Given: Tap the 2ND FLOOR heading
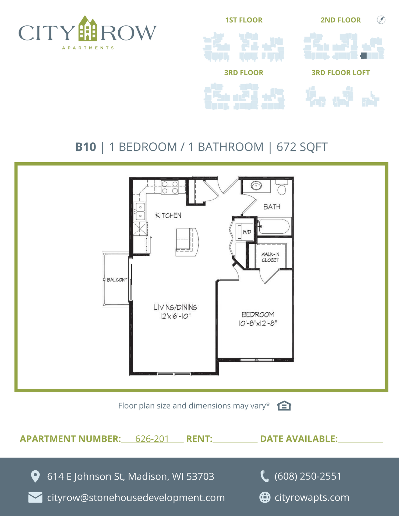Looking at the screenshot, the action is click(x=341, y=20).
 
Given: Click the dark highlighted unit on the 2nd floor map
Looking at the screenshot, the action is click(x=364, y=56).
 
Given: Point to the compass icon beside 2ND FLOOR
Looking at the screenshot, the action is click(x=381, y=20).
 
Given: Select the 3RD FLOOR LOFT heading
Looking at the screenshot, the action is click(x=341, y=73).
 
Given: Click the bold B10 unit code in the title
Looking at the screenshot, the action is click(x=86, y=147).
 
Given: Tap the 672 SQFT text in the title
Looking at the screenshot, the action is click(x=302, y=147).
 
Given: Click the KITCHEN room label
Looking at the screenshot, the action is click(x=168, y=215).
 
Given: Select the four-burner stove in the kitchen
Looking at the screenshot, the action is click(x=170, y=187).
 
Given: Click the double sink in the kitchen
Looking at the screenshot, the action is click(x=140, y=212).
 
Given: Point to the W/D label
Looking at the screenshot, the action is click(x=247, y=232).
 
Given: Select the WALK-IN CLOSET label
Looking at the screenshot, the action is click(x=270, y=257).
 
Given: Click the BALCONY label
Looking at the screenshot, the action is click(x=117, y=280).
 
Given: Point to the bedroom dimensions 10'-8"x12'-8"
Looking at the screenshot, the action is click(x=257, y=323).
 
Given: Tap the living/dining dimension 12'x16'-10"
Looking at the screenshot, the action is click(x=175, y=316).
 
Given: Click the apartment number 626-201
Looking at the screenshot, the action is click(x=152, y=439).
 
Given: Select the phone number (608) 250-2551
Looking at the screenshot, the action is click(x=308, y=476).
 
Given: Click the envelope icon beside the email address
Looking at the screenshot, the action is click(x=35, y=497).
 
